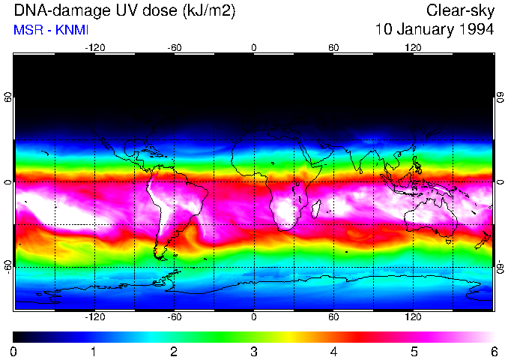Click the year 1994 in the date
tap(475, 30)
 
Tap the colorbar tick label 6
tap(494, 351)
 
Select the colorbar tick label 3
tap(253, 351)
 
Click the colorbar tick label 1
tap(94, 351)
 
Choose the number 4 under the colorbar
tap(333, 351)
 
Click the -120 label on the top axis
tap(94, 47)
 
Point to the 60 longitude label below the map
tap(333, 317)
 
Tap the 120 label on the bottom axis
tap(414, 317)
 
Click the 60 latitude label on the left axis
tap(8, 98)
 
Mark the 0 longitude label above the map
tap(254, 47)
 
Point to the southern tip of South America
tap(160, 256)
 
